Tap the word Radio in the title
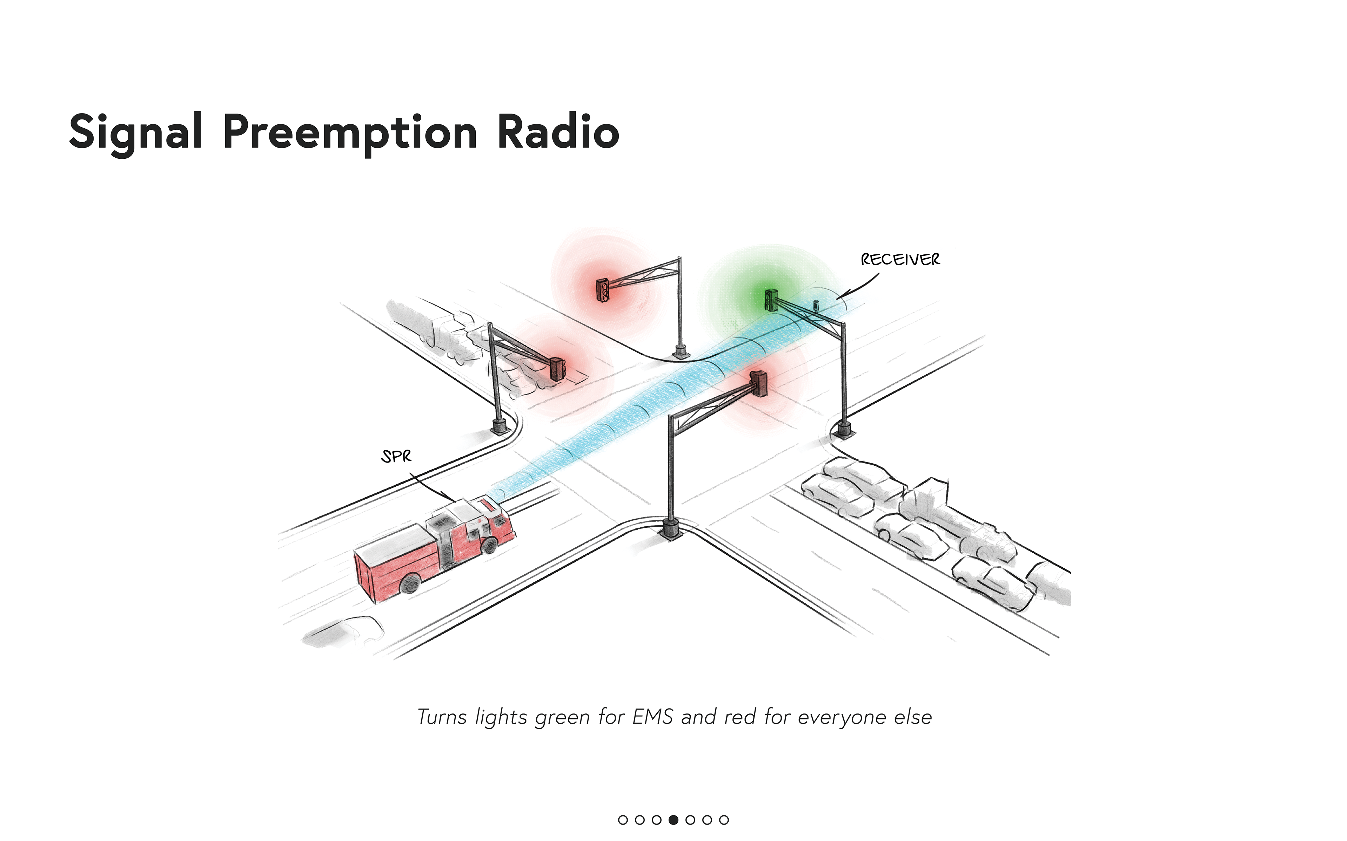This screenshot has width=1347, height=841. coord(558,131)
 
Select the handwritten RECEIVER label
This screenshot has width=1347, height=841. coord(900,259)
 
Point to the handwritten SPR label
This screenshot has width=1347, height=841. coord(396,457)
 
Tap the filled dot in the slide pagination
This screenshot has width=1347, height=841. coord(673,819)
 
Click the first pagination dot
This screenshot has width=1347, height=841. coord(623,819)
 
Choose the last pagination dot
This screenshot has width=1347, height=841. coord(724,819)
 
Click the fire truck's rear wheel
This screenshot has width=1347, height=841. coord(410,583)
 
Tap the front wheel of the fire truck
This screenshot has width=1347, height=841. coord(489,545)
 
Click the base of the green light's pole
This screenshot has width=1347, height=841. coord(844,431)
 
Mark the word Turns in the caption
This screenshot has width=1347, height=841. coord(442,717)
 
